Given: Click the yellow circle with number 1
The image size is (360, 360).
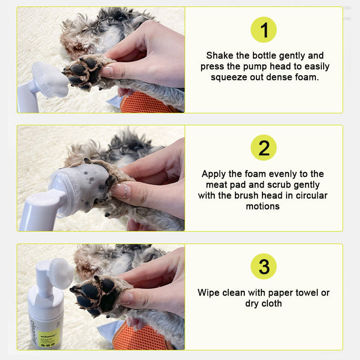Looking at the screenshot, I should coord(263,30).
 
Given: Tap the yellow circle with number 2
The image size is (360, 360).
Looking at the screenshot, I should coord(263,148).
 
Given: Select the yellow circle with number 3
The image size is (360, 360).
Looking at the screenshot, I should coord(263,266).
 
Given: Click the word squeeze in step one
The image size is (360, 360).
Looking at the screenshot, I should coord(228,77).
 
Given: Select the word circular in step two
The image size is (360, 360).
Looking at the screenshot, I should coord(311,196).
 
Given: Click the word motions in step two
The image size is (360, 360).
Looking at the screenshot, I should coord(263,207).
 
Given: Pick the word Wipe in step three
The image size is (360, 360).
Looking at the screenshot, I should coord(208,293).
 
